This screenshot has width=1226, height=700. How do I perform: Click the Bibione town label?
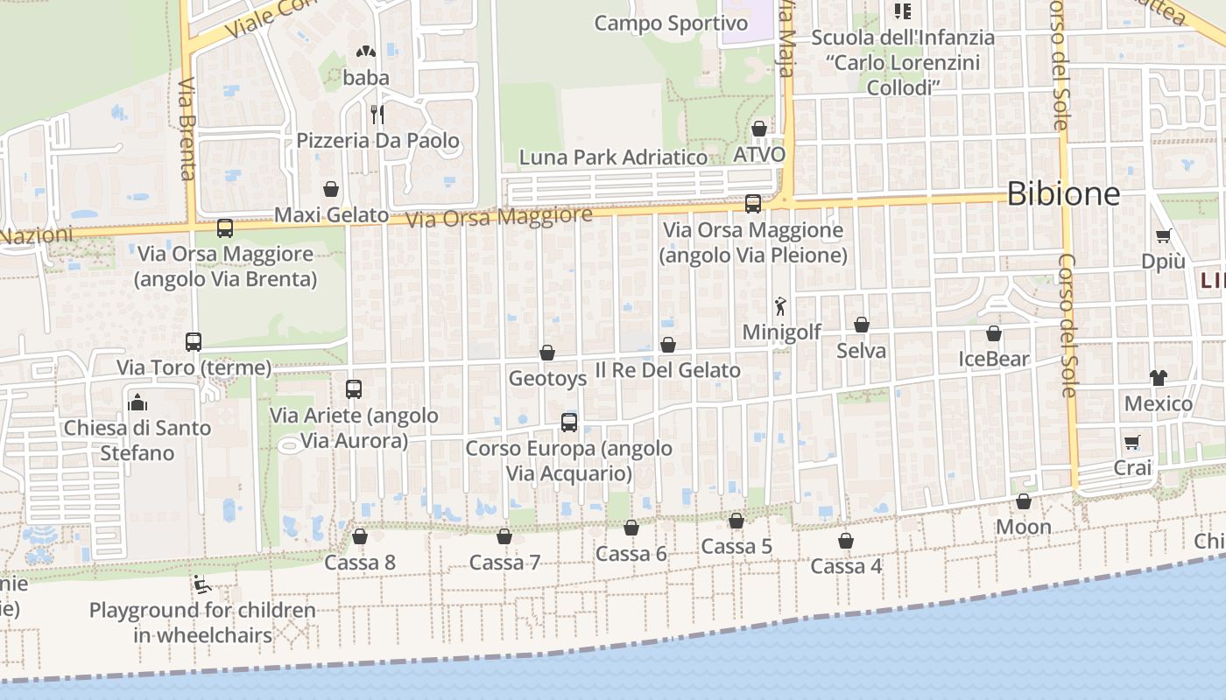pyautogui.click(x=1063, y=193)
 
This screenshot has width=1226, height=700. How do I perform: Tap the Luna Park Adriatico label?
pyautogui.click(x=613, y=157)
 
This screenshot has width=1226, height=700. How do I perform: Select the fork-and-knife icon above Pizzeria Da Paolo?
pyautogui.click(x=377, y=114)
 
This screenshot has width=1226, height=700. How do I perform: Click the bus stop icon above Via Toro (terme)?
pyautogui.click(x=194, y=341)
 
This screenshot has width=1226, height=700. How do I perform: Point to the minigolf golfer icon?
pyautogui.click(x=780, y=306)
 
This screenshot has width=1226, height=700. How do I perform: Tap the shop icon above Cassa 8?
pyautogui.click(x=359, y=535)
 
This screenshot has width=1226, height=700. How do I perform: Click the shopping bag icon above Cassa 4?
pyautogui.click(x=845, y=541)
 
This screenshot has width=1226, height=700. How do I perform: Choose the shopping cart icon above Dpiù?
pyautogui.click(x=1163, y=235)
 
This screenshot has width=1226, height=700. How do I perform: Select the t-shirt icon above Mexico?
pyautogui.click(x=1159, y=377)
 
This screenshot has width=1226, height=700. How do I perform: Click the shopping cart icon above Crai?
pyautogui.click(x=1131, y=442)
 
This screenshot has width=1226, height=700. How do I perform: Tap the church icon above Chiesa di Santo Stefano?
pyautogui.click(x=137, y=402)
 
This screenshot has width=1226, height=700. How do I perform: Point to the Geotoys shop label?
pyautogui.click(x=547, y=378)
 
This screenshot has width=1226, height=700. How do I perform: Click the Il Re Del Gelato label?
pyautogui.click(x=667, y=370)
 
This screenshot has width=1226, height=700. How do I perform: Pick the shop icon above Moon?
pyautogui.click(x=1023, y=501)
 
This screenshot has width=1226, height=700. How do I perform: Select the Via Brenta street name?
pyautogui.click(x=187, y=129)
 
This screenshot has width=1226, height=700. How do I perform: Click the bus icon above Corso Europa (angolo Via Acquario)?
pyautogui.click(x=569, y=423)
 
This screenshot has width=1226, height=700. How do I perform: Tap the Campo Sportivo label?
pyautogui.click(x=671, y=23)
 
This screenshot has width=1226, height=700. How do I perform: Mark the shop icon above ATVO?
pyautogui.click(x=759, y=129)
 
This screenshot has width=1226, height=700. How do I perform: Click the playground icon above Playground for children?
pyautogui.click(x=202, y=584)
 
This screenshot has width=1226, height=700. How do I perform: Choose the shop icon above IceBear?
pyautogui.click(x=993, y=332)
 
